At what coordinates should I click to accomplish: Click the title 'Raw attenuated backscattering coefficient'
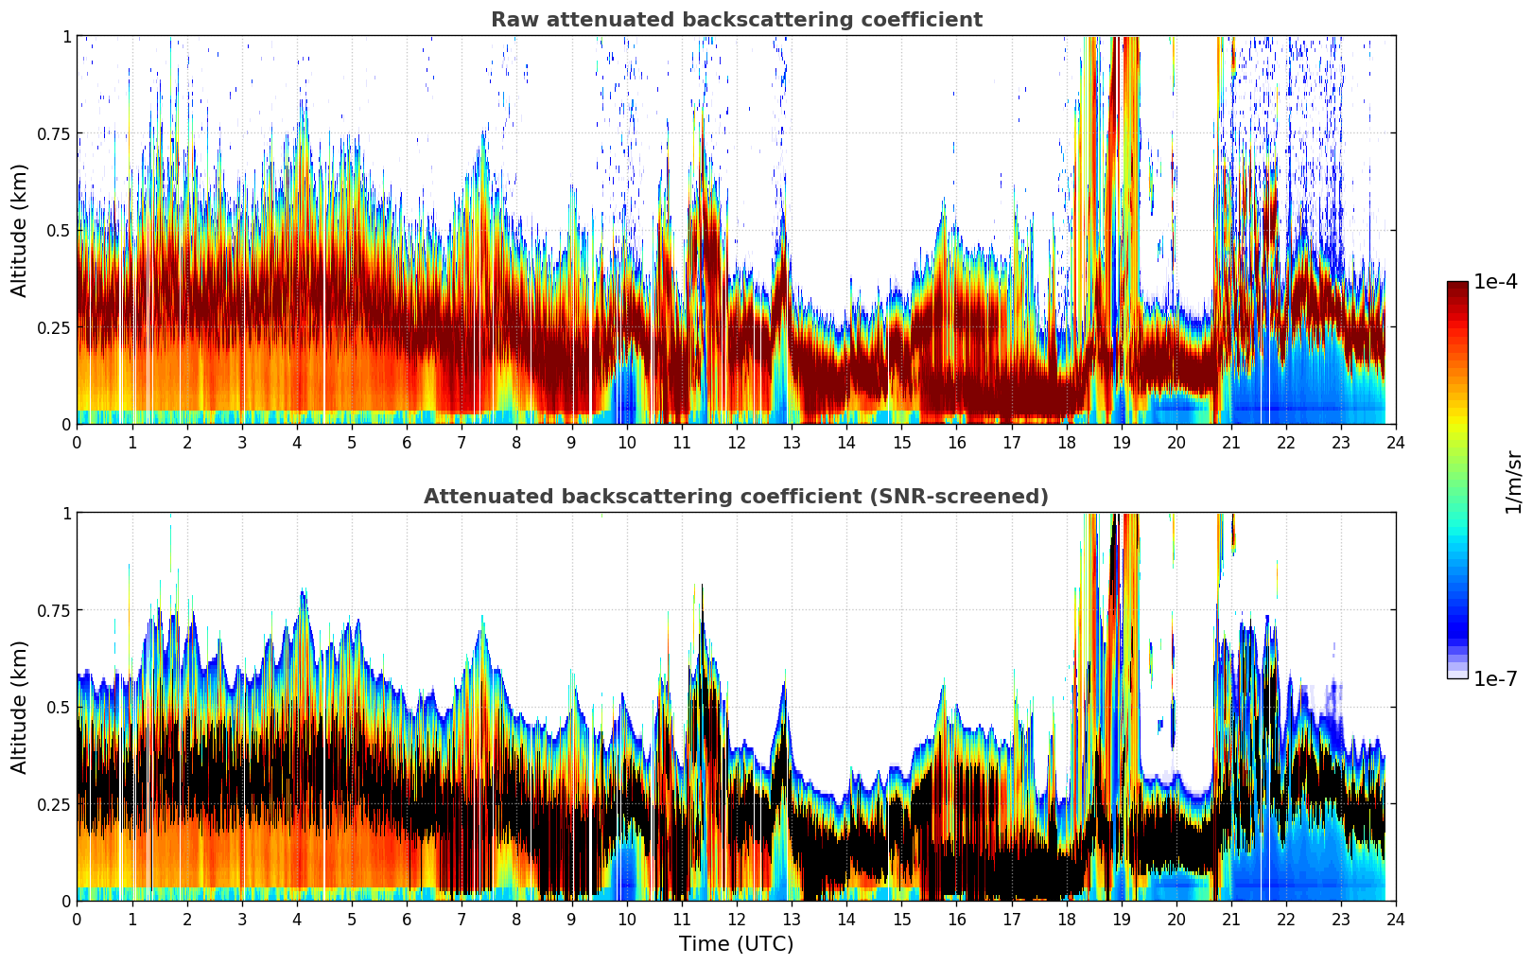tap(736, 20)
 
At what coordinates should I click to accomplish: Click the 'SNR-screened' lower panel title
tap(736, 497)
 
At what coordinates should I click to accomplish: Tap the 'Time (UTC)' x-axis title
tap(736, 944)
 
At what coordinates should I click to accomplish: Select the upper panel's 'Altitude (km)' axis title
tap(20, 230)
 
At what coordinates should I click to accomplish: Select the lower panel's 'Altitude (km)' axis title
tap(20, 707)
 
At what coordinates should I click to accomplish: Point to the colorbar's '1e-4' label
tap(1495, 282)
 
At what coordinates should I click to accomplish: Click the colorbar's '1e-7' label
tap(1495, 678)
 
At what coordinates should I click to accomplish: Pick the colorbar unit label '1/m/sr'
tap(1513, 482)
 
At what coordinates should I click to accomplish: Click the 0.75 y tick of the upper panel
tap(54, 133)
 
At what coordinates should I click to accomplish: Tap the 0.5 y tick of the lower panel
tap(60, 707)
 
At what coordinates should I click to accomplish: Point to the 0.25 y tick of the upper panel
tap(54, 327)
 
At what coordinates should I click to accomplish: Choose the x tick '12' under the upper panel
tap(737, 442)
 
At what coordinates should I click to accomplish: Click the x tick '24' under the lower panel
tap(1396, 919)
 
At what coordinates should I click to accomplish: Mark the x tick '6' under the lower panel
tap(407, 919)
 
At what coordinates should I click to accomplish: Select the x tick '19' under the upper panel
tap(1122, 442)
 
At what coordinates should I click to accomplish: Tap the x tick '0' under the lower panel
tap(77, 919)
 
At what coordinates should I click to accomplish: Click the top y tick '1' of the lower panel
tap(66, 513)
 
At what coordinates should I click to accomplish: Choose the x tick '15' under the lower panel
tap(901, 919)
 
